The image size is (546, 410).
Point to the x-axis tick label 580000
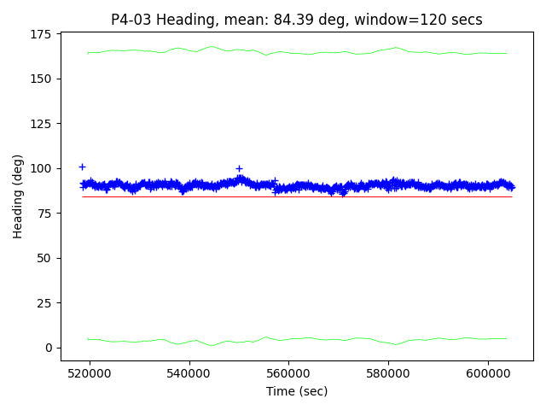pos(388,373)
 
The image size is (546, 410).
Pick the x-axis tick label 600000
pos(488,373)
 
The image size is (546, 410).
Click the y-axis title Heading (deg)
pos(18,196)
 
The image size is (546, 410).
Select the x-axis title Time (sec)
pos(297,391)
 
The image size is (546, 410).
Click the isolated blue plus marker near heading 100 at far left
pos(82,167)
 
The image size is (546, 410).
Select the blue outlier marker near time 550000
pos(239,168)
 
